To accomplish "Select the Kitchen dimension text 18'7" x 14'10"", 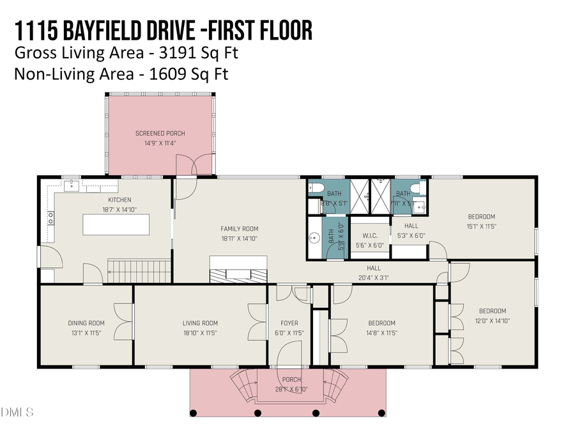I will coord(119,209).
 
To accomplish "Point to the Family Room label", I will coord(240,228).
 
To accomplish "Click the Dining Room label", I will coord(86,323).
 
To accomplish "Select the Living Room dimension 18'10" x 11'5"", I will coord(200,333).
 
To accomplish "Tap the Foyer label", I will coord(289,323).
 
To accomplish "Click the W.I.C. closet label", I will coord(369,236).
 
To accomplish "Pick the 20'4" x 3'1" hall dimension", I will coord(374,278).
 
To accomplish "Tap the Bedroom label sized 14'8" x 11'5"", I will coord(381,323).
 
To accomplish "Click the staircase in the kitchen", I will coord(138,271).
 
